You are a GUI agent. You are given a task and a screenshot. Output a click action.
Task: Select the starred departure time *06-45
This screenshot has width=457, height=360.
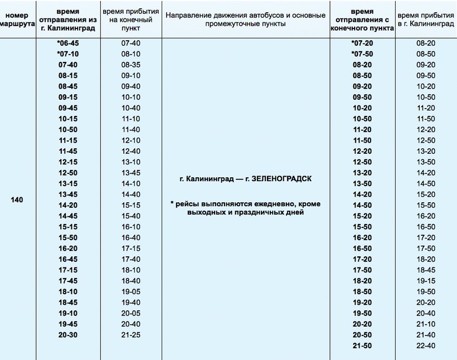[x=68, y=43]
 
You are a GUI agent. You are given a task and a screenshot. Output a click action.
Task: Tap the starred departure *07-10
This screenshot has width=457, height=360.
[x=68, y=53]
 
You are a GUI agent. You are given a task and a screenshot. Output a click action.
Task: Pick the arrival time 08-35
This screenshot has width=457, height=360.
[x=130, y=65]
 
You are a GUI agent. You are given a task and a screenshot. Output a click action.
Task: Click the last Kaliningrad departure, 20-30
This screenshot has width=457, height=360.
[x=68, y=335]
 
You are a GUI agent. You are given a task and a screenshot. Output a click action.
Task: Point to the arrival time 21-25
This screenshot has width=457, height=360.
[x=130, y=335]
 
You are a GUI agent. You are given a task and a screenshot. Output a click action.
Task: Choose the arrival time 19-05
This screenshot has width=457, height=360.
[x=130, y=291]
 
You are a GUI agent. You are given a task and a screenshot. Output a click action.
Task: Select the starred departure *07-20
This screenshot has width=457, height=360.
[x=362, y=43]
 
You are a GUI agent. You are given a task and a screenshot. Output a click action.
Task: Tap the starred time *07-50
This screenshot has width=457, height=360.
[x=362, y=53]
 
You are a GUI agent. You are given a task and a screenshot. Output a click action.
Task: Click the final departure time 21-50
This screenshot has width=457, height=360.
[x=362, y=346]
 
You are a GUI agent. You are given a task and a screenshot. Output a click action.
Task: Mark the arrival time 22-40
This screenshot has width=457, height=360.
[x=426, y=346]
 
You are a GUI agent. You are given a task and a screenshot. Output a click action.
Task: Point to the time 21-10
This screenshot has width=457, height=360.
[x=426, y=324]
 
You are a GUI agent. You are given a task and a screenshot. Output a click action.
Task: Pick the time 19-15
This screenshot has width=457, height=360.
[x=426, y=281]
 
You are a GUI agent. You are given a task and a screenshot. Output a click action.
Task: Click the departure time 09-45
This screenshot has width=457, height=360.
[x=68, y=108]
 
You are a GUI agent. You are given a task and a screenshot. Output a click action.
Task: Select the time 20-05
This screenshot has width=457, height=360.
[x=130, y=313]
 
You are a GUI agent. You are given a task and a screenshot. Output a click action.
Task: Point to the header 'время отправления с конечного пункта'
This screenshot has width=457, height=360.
[x=362, y=20]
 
